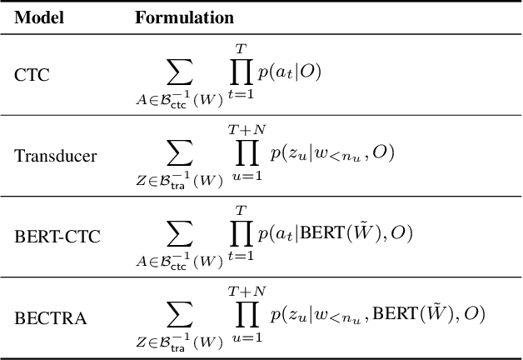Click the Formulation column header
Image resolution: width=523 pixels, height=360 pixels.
point(184,17)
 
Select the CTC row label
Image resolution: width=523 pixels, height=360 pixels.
point(32,74)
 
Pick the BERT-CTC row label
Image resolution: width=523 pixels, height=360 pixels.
point(57,237)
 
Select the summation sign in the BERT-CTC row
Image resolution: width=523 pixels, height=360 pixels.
point(180,234)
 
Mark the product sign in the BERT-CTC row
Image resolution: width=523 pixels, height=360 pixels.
point(240,234)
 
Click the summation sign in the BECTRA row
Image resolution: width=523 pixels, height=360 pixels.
point(180,315)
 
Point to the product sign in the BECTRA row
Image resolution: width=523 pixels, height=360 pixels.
point(247,315)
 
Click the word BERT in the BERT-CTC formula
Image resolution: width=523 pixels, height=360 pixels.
point(322,235)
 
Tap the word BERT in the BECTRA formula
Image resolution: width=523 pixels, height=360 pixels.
point(396,315)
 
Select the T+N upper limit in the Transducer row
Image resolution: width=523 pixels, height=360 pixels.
point(247,130)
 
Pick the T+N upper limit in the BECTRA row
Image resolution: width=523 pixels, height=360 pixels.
point(247,292)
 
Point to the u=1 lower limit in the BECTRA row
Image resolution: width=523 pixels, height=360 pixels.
point(247,337)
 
